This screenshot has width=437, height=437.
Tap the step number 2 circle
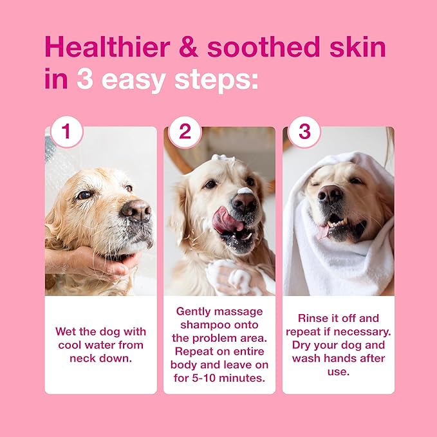tap(185, 132)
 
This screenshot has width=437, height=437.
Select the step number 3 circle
tap(304, 132)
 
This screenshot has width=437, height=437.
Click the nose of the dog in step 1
tap(135, 209)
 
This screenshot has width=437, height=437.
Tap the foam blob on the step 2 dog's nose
tap(245, 191)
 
